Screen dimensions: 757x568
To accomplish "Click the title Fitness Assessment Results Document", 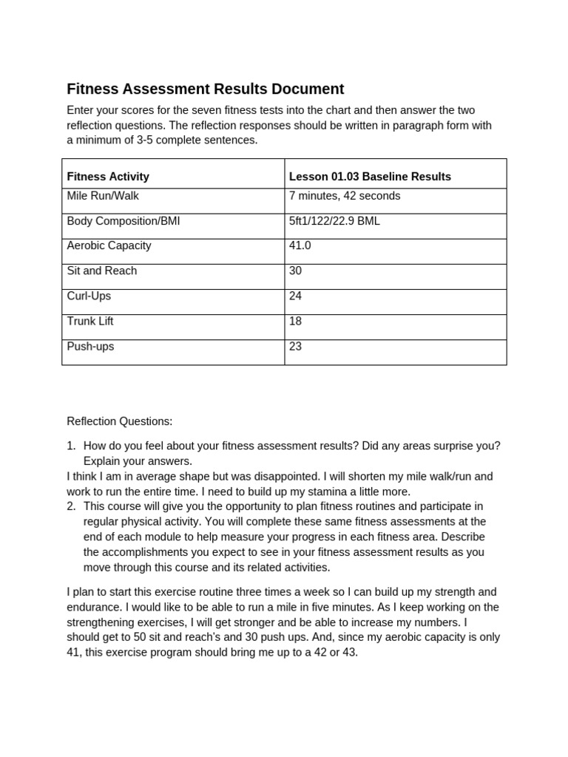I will coord(205,89).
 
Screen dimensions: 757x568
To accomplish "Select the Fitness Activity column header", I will coord(108,177).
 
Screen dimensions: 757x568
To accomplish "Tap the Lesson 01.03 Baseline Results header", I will coord(370,177).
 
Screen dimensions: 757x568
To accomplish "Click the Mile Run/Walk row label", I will coord(103,197).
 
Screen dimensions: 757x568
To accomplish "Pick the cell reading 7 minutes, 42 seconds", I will coord(345,197).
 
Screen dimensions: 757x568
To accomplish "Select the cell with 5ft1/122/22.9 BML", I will coord(334,221).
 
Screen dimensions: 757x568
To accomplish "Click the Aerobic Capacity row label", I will coord(109,245).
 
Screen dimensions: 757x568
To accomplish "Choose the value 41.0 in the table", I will coord(300,245).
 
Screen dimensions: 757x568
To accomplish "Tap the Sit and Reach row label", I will coord(102,271).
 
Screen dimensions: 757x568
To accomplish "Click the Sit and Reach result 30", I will coord(296,271).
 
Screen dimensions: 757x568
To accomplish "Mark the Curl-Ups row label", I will coord(90,296).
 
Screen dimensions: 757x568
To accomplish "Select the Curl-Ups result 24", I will coord(296,296).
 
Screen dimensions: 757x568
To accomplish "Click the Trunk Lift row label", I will coord(90,321).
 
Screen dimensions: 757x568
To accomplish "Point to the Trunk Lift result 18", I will coord(296,321).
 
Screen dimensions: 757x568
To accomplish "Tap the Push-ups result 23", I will coord(296,346).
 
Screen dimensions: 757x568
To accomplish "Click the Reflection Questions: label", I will coord(119,421).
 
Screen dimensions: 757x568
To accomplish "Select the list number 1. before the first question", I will coord(72,446).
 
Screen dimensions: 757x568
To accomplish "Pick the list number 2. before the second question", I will coord(72,506).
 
